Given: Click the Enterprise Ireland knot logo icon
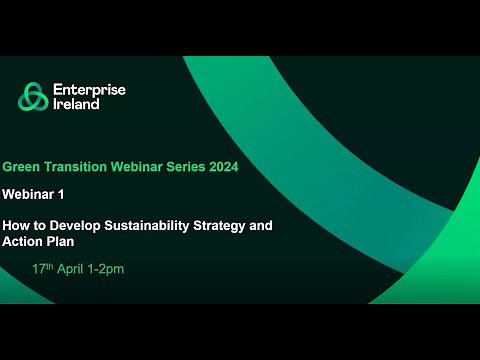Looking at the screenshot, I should (33, 97).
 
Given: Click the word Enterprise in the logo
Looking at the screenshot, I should (90, 90).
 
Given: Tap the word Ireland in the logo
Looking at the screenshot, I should (77, 104).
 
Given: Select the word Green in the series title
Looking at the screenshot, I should (22, 168).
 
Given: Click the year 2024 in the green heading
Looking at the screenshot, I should (221, 168).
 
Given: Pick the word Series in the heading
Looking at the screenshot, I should (181, 168).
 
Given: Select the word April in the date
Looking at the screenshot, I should (74, 270).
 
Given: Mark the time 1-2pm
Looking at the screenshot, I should (108, 270).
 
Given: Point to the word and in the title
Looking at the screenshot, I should (260, 226).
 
